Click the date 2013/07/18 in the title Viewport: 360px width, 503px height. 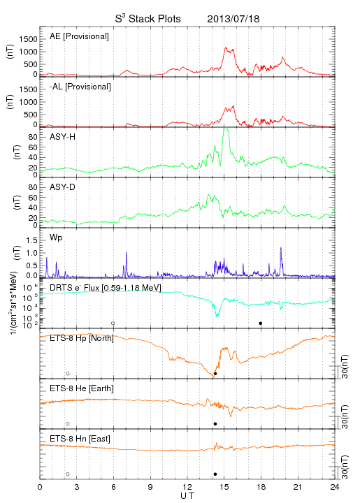point(233,19)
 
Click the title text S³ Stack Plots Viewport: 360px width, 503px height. point(148,19)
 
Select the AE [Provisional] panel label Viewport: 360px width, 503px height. point(79,36)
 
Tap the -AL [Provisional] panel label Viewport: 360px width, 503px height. point(80,87)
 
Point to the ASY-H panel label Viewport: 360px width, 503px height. point(63,137)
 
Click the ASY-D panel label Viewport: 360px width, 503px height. point(63,187)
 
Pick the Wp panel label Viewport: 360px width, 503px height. point(56,238)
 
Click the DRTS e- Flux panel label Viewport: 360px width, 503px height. point(106,288)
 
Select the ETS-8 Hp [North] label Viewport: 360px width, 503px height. point(82,338)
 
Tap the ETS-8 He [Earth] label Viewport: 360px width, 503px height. point(82,388)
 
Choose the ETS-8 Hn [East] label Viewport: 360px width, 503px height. point(80,439)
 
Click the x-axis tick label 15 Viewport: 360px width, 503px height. point(224,487)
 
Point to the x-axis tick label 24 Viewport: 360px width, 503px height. point(335,487)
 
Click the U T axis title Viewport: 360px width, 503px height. point(187,496)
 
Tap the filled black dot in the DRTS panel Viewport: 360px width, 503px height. point(261,323)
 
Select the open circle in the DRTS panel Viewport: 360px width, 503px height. point(113,323)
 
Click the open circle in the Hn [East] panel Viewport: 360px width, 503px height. point(68,474)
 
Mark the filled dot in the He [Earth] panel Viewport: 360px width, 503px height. point(215,424)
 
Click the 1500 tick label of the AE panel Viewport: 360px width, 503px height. point(28,39)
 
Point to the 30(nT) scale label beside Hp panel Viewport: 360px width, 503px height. point(345,367)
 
